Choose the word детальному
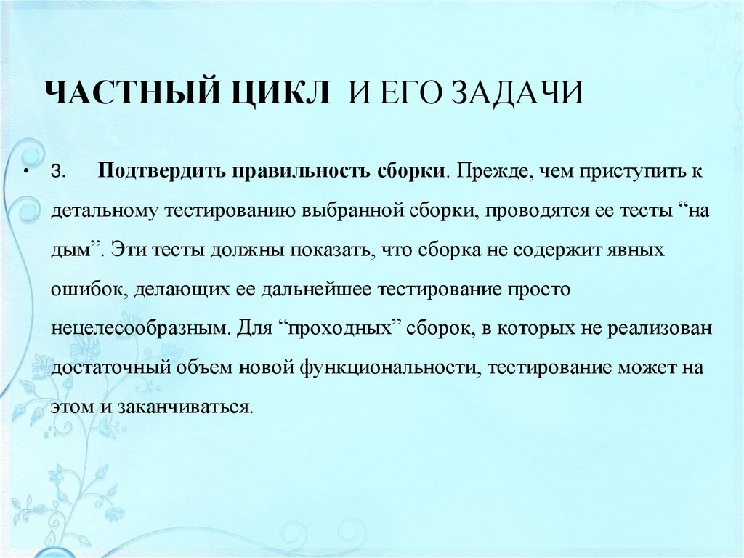(106, 211)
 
